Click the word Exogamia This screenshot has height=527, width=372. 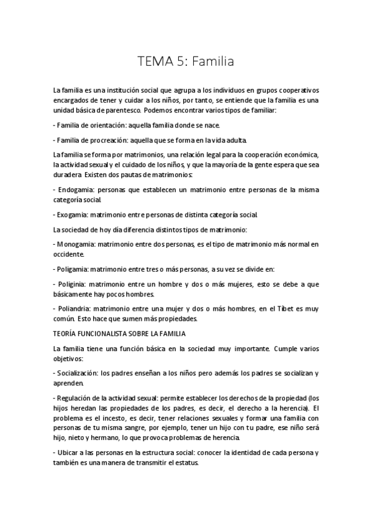click(73, 215)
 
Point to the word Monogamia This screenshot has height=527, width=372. click(76, 244)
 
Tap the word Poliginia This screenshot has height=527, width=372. click(72, 283)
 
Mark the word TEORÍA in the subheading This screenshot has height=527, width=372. click(67, 333)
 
